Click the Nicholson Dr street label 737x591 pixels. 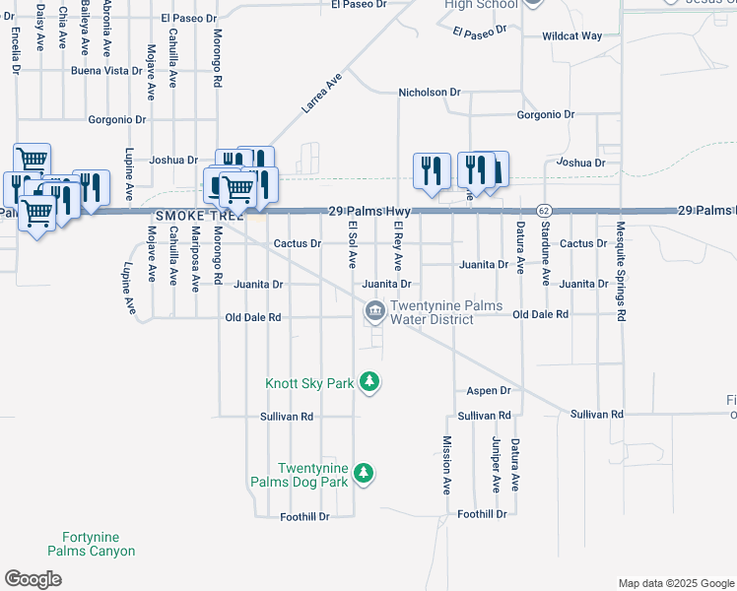(429, 92)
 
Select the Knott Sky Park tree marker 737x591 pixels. (369, 381)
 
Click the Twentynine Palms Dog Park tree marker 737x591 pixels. (364, 475)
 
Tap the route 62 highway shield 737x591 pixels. (543, 211)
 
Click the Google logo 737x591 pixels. (33, 579)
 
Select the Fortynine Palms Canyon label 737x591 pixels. (92, 545)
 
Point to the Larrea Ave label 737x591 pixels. (321, 91)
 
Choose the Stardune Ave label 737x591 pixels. (546, 255)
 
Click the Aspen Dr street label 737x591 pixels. (491, 391)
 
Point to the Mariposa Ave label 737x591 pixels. (195, 258)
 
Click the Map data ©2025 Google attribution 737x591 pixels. (675, 583)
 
